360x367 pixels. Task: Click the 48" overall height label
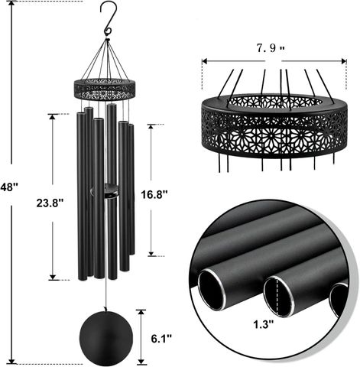(x=9, y=187)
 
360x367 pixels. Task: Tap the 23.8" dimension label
(x=50, y=203)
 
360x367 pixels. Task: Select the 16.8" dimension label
(x=154, y=195)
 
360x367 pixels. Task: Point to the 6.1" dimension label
(x=161, y=339)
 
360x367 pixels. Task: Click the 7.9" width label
(x=271, y=48)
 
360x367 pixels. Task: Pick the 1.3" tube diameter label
(x=264, y=324)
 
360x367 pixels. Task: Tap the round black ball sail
(x=106, y=337)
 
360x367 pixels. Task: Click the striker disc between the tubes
(x=105, y=190)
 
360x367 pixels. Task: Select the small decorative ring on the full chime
(x=105, y=89)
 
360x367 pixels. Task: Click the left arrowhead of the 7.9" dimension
(x=204, y=61)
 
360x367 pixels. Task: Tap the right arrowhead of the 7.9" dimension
(x=344, y=61)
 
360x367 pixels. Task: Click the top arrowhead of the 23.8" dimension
(x=52, y=117)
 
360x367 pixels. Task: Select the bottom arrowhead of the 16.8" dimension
(x=151, y=253)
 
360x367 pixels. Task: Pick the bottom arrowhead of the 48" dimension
(x=11, y=361)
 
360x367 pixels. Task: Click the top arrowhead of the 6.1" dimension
(x=141, y=313)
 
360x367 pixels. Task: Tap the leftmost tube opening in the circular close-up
(x=212, y=291)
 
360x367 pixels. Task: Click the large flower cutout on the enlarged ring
(x=271, y=135)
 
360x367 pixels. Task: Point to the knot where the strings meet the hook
(x=108, y=40)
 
